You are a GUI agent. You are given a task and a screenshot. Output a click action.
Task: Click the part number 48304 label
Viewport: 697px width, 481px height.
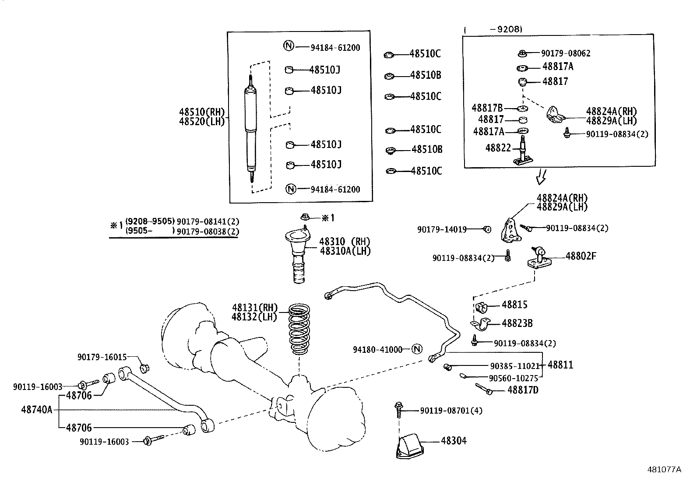coord(454,440)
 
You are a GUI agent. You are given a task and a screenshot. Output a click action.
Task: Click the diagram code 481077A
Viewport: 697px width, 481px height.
coord(664,469)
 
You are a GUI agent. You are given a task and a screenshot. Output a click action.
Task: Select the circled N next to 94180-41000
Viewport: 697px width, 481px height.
coord(417,349)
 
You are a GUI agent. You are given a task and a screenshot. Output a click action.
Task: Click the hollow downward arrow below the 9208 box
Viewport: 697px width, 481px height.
coord(541,177)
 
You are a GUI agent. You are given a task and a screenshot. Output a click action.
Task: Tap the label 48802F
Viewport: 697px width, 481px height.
coord(581,256)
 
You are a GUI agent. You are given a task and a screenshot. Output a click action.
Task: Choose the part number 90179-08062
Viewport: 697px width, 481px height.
coord(565,53)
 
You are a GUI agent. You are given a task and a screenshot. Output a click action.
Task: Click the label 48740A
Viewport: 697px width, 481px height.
coord(36,410)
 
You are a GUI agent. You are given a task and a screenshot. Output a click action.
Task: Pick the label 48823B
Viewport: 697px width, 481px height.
coord(517,323)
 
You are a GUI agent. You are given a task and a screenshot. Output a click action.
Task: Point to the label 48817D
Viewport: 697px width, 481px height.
coord(523,390)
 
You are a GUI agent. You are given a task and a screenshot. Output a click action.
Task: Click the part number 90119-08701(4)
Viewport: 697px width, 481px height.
coord(451,411)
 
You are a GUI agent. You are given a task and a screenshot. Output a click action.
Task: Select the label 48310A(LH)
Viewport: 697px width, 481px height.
coord(345,251)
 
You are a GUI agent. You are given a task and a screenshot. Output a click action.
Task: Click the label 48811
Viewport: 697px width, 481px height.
coord(560,365)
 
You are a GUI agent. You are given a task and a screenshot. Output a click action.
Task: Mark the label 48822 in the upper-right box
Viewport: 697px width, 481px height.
coord(498,148)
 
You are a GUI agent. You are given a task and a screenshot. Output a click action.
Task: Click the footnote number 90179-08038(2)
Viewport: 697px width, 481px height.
coord(208,232)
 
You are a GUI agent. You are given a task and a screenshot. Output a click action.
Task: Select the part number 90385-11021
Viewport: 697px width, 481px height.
coord(514,366)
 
